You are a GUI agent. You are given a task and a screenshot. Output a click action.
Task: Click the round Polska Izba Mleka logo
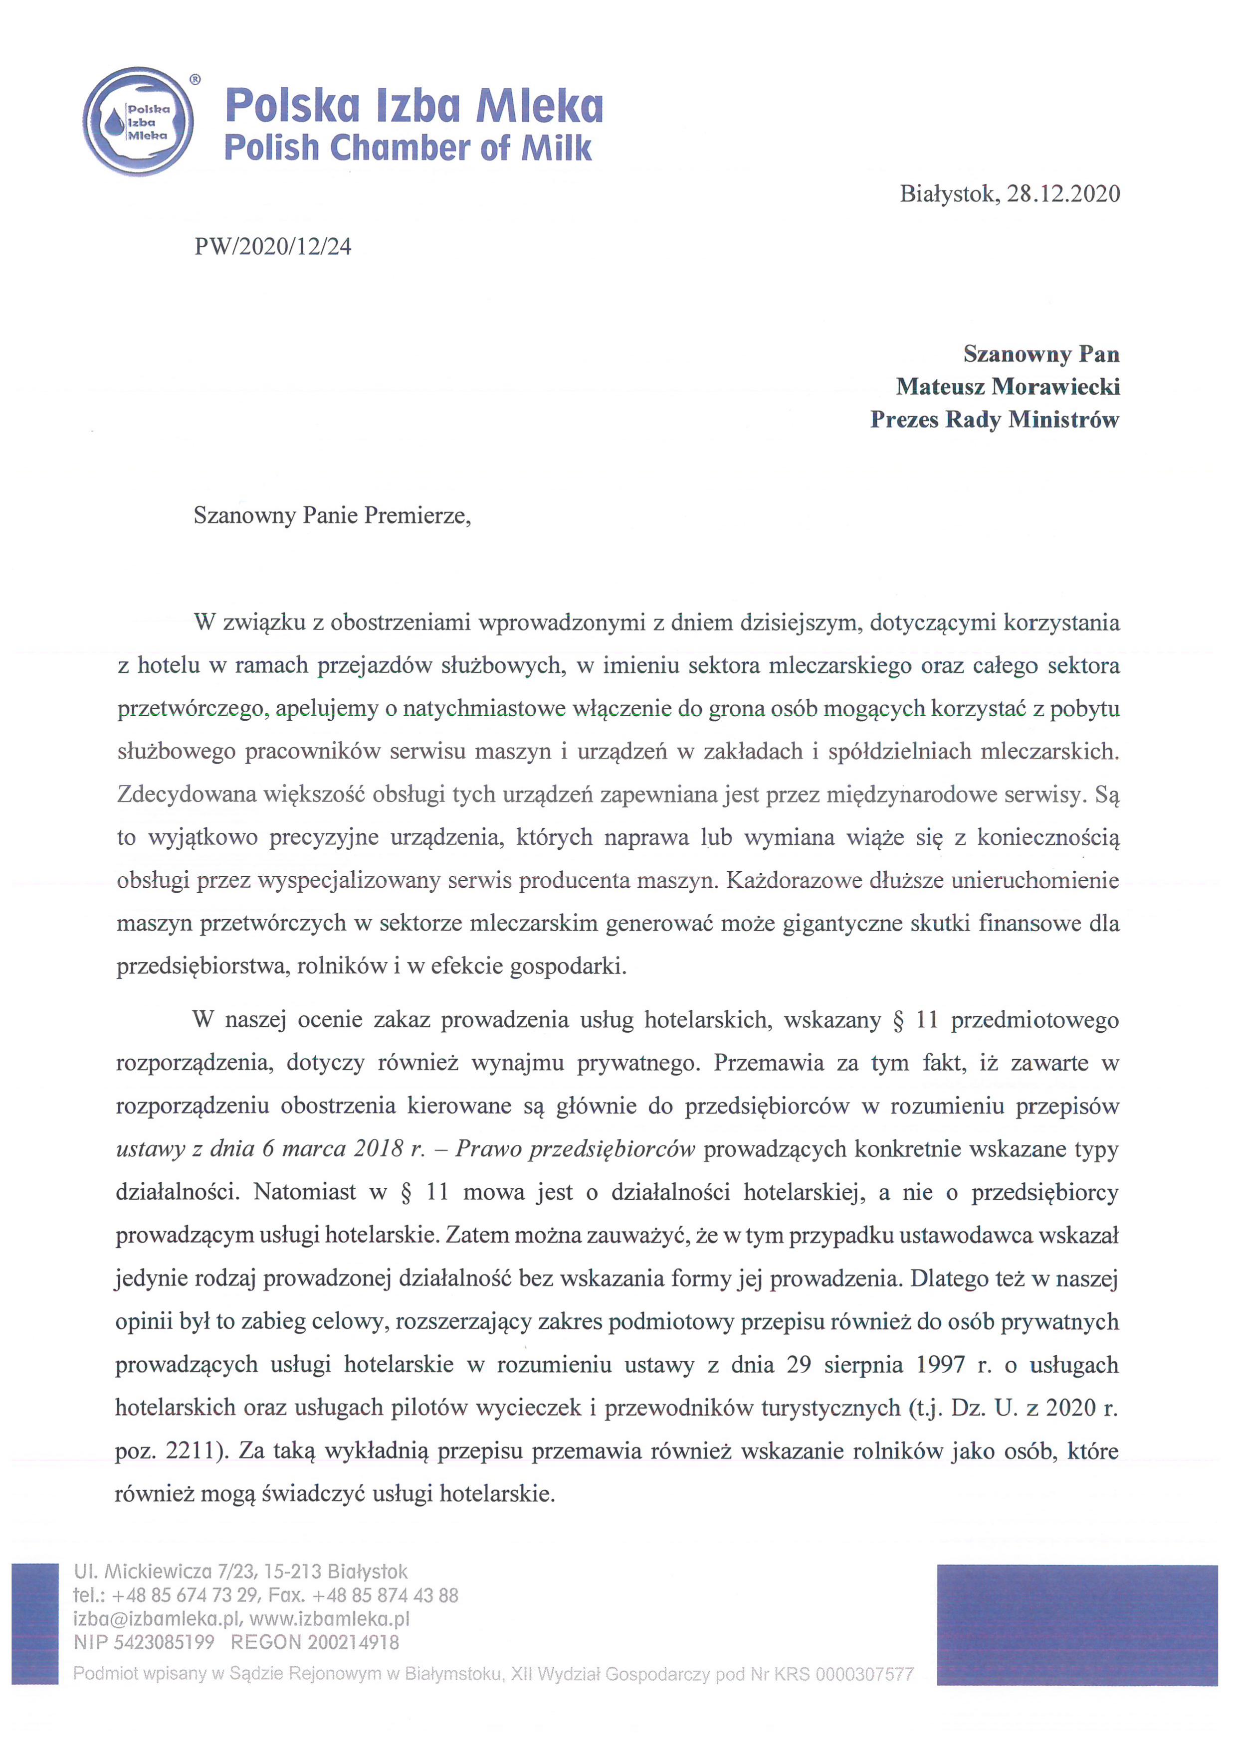tap(138, 121)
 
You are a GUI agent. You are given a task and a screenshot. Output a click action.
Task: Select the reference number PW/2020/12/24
tap(273, 247)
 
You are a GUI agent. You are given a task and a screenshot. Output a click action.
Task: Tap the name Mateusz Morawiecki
tap(1008, 387)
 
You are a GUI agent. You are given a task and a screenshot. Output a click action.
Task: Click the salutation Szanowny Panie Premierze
tap(332, 516)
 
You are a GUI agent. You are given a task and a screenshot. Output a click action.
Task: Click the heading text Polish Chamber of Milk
tap(408, 148)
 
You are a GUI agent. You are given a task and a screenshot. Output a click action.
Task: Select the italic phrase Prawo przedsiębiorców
tap(576, 1149)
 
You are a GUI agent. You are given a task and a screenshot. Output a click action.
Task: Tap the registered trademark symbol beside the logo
tap(195, 79)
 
